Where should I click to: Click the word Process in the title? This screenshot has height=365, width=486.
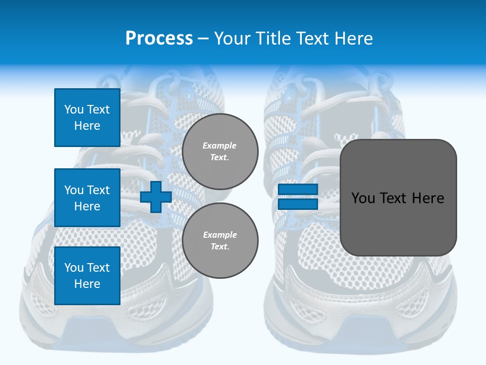click(x=159, y=39)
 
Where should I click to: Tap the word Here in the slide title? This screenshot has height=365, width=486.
click(x=354, y=39)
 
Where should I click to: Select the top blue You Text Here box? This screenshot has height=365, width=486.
click(x=87, y=118)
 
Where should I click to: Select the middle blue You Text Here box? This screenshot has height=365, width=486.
click(x=87, y=198)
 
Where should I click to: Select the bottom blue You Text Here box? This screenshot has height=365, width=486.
click(x=87, y=275)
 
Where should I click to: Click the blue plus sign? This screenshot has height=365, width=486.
click(x=156, y=197)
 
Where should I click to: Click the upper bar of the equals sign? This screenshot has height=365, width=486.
click(x=298, y=189)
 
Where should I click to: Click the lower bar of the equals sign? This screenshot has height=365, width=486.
click(x=298, y=204)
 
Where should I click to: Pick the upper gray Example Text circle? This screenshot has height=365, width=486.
click(x=220, y=151)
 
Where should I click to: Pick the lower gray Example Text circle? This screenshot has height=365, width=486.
click(x=220, y=240)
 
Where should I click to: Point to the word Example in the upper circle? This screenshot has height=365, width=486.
click(x=220, y=145)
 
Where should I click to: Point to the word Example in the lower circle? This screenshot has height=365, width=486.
click(x=220, y=235)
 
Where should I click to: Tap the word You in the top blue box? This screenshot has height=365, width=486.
click(x=73, y=109)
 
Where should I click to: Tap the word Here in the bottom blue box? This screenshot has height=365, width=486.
click(x=87, y=284)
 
